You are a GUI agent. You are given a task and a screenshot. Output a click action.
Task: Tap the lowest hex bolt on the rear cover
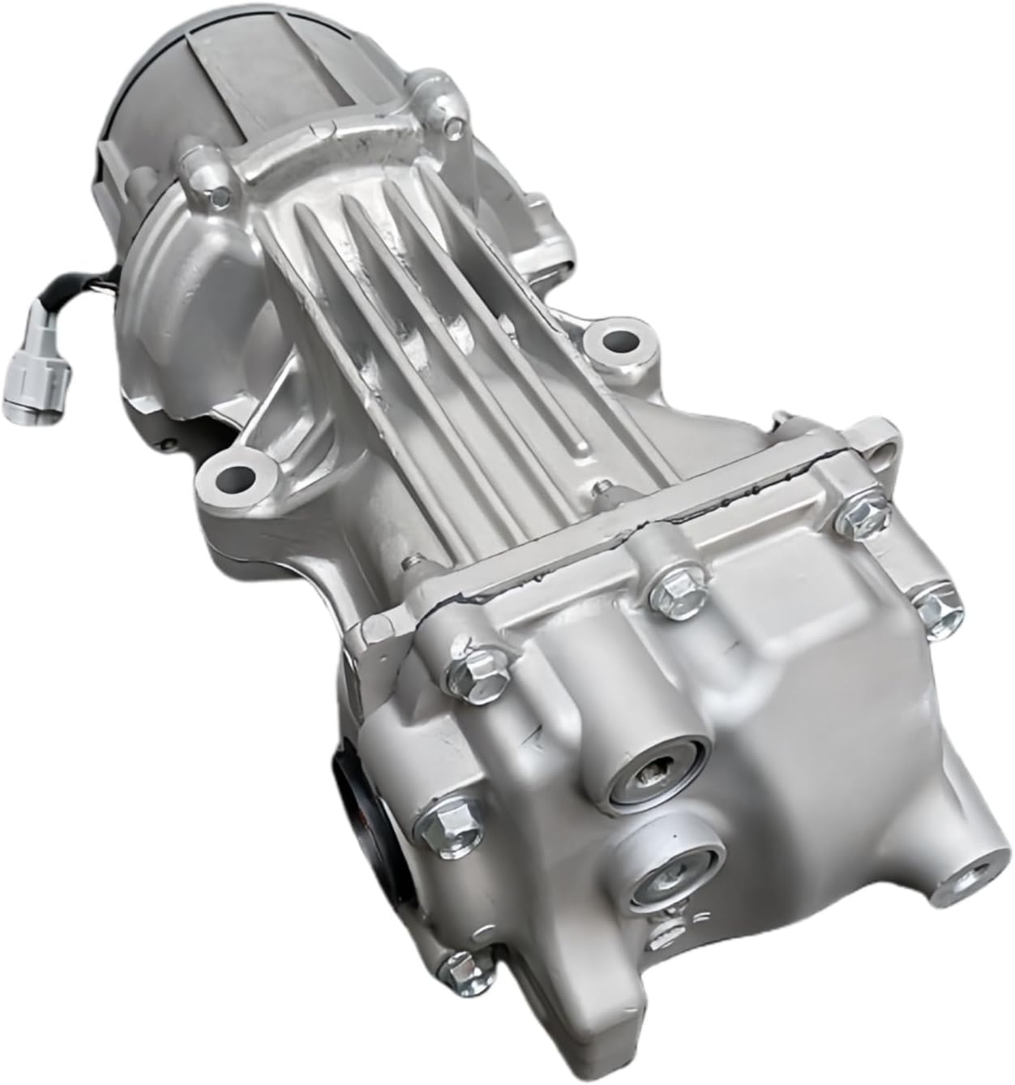click(458, 967)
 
